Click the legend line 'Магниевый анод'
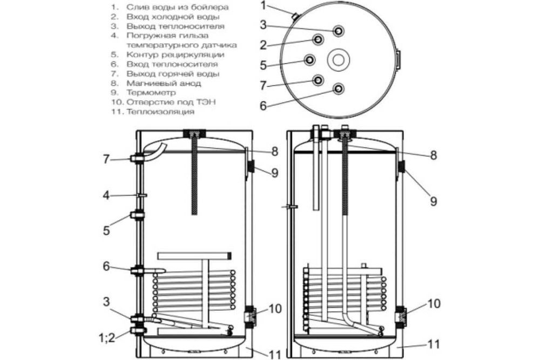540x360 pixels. (164, 83)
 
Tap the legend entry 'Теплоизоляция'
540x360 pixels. (160, 112)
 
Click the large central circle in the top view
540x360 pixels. (339, 59)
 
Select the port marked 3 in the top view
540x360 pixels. (339, 30)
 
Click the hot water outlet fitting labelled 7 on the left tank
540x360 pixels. (136, 158)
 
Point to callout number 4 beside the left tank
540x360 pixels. (106, 195)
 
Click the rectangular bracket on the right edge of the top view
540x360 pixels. (399, 59)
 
